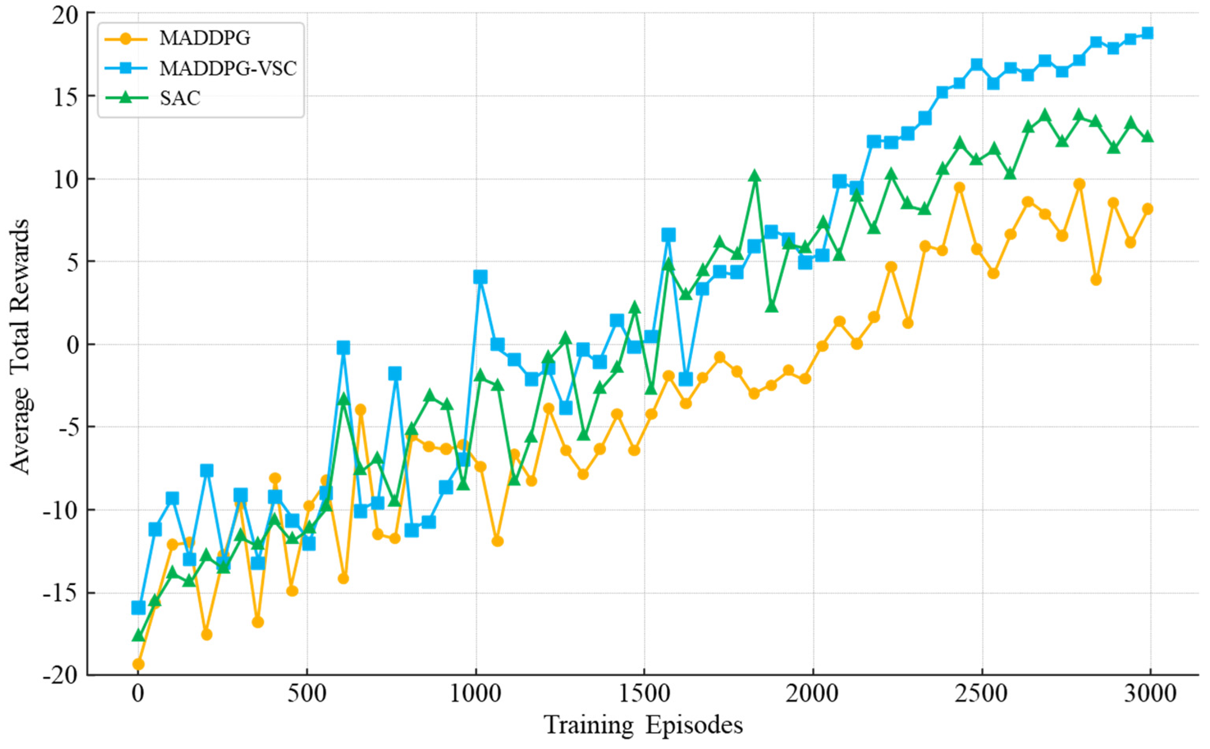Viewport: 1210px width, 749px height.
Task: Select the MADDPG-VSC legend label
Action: [228, 68]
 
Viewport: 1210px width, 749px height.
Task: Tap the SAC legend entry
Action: [180, 98]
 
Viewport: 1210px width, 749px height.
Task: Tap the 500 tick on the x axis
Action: [307, 694]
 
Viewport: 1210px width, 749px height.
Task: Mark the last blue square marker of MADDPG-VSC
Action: [1147, 33]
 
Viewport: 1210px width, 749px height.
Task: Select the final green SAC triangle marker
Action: [1147, 137]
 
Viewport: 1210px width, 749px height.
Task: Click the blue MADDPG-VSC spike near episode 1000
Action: [480, 277]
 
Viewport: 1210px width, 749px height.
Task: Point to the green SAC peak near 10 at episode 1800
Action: [755, 176]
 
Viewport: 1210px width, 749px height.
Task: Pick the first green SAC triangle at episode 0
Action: [139, 636]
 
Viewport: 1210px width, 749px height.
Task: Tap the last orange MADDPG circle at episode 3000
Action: [1147, 209]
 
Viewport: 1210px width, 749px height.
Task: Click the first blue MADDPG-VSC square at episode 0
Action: [139, 607]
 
